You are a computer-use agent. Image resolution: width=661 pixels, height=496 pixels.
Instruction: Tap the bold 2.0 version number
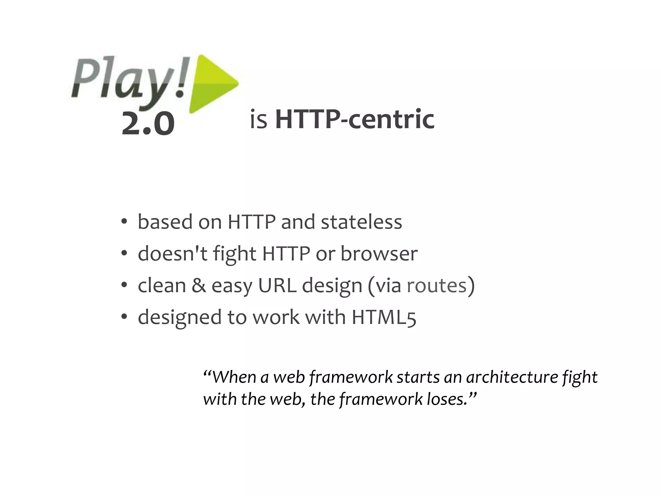tap(148, 124)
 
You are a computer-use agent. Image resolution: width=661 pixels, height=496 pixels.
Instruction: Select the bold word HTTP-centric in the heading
tap(354, 119)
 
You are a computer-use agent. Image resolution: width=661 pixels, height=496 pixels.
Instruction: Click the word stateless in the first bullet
tap(361, 222)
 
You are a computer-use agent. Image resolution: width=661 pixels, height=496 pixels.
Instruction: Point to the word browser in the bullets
tap(379, 253)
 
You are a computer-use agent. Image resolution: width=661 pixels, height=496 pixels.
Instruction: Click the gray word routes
tap(437, 285)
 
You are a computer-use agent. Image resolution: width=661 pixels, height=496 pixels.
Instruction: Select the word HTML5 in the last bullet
tap(384, 317)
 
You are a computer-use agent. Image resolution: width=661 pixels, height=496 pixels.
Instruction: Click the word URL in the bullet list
tap(277, 285)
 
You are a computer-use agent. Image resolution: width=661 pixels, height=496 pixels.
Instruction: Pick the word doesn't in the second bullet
tap(172, 253)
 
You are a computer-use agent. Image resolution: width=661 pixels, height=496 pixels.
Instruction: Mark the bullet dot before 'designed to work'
tap(124, 317)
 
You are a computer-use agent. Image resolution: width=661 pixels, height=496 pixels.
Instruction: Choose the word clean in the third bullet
tap(162, 285)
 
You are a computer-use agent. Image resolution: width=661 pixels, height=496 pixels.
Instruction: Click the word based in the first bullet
tap(165, 222)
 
